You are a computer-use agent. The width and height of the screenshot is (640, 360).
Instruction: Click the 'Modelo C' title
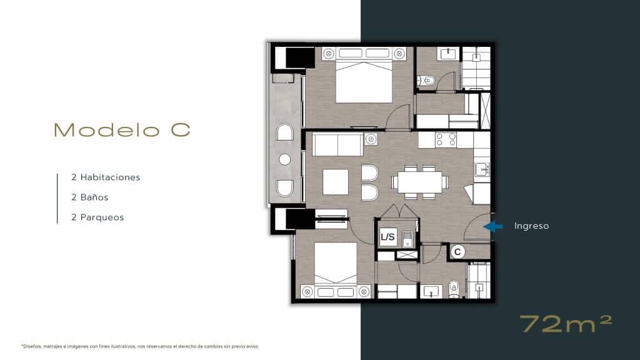pyautogui.click(x=122, y=130)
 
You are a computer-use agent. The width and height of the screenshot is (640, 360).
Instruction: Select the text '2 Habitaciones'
pyautogui.click(x=106, y=177)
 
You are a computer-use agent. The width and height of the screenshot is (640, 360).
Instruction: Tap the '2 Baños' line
pyautogui.click(x=90, y=197)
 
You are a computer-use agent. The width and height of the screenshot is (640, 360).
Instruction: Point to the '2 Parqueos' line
pyautogui.click(x=97, y=217)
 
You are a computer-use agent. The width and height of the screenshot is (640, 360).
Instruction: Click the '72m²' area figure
pyautogui.click(x=566, y=324)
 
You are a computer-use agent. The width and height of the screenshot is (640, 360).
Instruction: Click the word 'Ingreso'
pyautogui.click(x=531, y=226)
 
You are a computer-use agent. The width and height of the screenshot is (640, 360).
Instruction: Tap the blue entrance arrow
pyautogui.click(x=493, y=226)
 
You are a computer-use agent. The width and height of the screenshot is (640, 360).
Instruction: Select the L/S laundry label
pyautogui.click(x=387, y=237)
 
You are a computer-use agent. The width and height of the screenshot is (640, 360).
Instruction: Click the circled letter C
pyautogui.click(x=457, y=252)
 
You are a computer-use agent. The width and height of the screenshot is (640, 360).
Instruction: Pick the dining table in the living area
pyautogui.click(x=419, y=182)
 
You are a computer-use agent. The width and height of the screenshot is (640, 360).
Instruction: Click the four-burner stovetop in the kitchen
pyautogui.click(x=446, y=140)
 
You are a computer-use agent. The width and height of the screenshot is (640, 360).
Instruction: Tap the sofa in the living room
pyautogui.click(x=337, y=144)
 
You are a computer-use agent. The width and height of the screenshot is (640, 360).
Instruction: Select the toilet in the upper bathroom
pyautogui.click(x=426, y=80)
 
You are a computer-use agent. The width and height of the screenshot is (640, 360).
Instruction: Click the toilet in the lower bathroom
pyautogui.click(x=454, y=289)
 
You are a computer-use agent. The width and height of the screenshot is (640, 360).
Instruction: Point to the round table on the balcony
pyautogui.click(x=284, y=159)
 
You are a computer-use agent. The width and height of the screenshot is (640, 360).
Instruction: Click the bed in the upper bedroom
pyautogui.click(x=364, y=80)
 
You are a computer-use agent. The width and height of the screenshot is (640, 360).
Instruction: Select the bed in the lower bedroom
pyautogui.click(x=336, y=266)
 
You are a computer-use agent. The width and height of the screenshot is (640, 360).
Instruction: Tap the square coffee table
pyautogui.click(x=336, y=182)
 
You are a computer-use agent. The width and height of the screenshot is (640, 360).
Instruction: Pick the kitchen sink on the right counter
pyautogui.click(x=481, y=169)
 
